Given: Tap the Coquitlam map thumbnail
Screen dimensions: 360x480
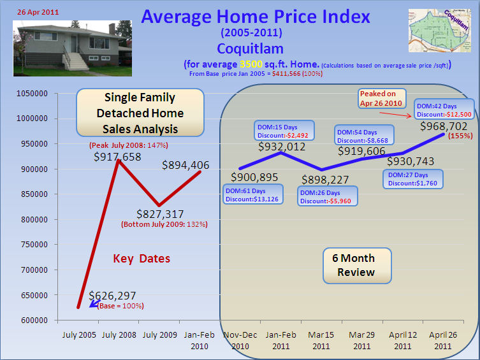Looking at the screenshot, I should point(440,30).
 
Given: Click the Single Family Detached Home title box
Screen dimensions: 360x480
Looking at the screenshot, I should point(140,112).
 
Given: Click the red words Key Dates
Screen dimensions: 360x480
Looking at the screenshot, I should point(142,259).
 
